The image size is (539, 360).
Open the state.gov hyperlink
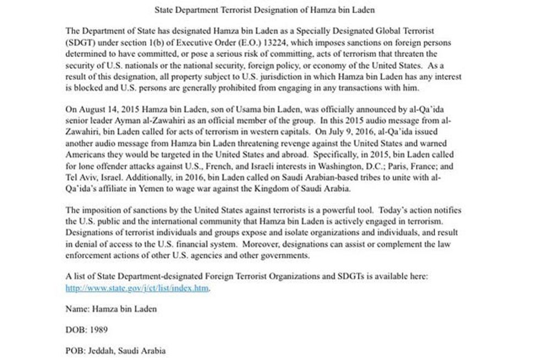(x=137, y=288)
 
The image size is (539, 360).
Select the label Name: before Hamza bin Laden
(x=76, y=309)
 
